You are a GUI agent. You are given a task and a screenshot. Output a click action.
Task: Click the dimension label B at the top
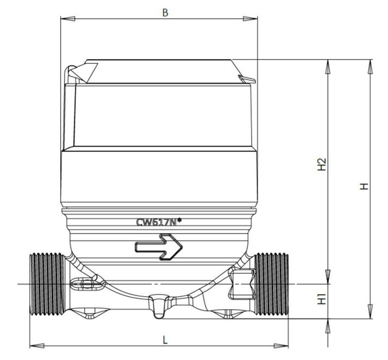click(165, 12)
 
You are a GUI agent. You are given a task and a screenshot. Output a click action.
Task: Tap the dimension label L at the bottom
click(165, 340)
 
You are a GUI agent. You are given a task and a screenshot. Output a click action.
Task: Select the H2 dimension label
click(322, 164)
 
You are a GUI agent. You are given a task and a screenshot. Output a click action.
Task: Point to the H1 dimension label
click(322, 299)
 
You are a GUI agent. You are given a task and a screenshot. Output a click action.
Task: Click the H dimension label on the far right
click(364, 186)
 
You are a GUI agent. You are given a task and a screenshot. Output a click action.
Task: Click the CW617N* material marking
click(159, 222)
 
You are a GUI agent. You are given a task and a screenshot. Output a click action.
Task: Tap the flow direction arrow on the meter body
click(159, 247)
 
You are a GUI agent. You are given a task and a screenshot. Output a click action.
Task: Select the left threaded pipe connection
click(47, 284)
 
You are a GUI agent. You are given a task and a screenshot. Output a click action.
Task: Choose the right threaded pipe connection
click(272, 284)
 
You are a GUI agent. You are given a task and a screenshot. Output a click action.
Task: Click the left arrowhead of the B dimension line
click(68, 19)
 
